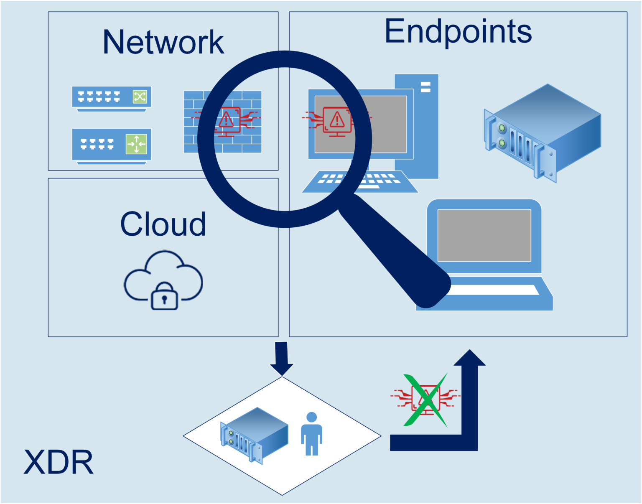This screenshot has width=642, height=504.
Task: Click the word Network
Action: pyautogui.click(x=163, y=42)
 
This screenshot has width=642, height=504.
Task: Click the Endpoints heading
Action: pyautogui.click(x=458, y=31)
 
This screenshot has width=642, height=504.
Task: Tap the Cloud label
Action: pyautogui.click(x=163, y=224)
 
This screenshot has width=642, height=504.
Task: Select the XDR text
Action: pyautogui.click(x=59, y=462)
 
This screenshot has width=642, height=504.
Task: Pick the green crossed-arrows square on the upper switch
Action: pyautogui.click(x=140, y=97)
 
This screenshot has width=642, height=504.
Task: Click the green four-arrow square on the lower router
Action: pyautogui.click(x=136, y=144)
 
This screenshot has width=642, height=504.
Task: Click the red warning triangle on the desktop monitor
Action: pyautogui.click(x=337, y=120)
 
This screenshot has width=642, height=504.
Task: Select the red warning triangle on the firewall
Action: pyautogui.click(x=226, y=120)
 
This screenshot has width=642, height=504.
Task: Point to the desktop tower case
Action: pyautogui.click(x=424, y=125)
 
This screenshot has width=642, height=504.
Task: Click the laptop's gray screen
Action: pyautogui.click(x=484, y=235)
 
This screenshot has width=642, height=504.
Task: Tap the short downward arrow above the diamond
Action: pyautogui.click(x=282, y=358)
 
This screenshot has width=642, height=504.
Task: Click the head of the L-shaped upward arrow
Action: pyautogui.click(x=470, y=359)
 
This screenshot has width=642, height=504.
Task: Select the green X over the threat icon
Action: pyautogui.click(x=425, y=400)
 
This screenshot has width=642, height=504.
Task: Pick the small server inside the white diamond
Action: pyautogui.click(x=254, y=435)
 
